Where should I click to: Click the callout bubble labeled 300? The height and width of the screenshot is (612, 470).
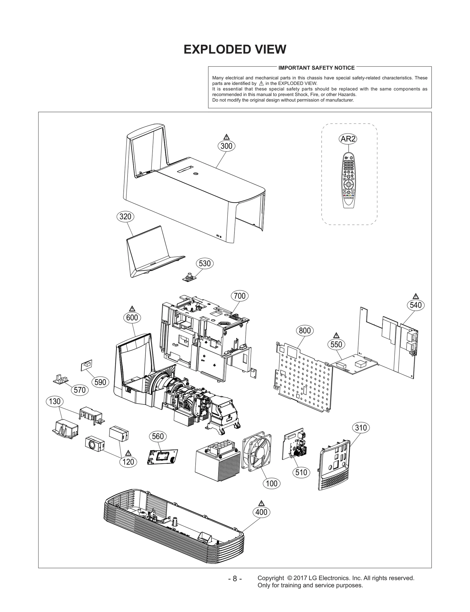226,146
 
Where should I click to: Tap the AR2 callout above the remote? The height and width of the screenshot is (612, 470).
348,139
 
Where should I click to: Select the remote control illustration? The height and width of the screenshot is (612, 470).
348,180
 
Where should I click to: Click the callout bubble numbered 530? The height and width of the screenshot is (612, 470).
204,263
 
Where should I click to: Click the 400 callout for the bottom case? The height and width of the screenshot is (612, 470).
261,512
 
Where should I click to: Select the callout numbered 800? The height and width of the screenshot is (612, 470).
305,331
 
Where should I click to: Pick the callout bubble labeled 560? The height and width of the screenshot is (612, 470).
158,436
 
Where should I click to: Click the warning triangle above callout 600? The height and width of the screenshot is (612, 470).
132,308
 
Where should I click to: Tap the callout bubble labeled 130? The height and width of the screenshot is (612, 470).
55,401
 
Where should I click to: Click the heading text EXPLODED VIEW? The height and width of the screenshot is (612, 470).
235,49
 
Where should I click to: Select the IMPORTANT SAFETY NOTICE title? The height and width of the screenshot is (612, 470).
316,68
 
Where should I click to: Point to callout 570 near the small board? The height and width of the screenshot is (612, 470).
80,390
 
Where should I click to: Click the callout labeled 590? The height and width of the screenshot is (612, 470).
100,382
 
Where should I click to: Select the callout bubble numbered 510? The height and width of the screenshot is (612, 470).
301,472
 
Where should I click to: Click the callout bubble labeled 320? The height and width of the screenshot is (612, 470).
125,217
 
